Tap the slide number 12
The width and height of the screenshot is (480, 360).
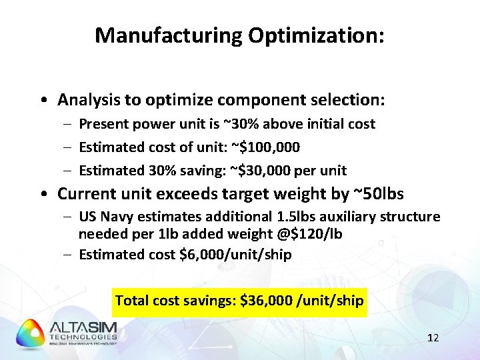pyautogui.click(x=433, y=338)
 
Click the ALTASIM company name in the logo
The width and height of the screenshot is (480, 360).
pyautogui.click(x=83, y=327)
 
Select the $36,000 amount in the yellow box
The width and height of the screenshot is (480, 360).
pyautogui.click(x=267, y=301)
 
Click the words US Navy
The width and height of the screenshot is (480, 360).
pyautogui.click(x=107, y=217)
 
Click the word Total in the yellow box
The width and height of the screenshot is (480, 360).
pyautogui.click(x=131, y=301)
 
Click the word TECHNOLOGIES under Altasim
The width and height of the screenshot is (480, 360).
pyautogui.click(x=83, y=338)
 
